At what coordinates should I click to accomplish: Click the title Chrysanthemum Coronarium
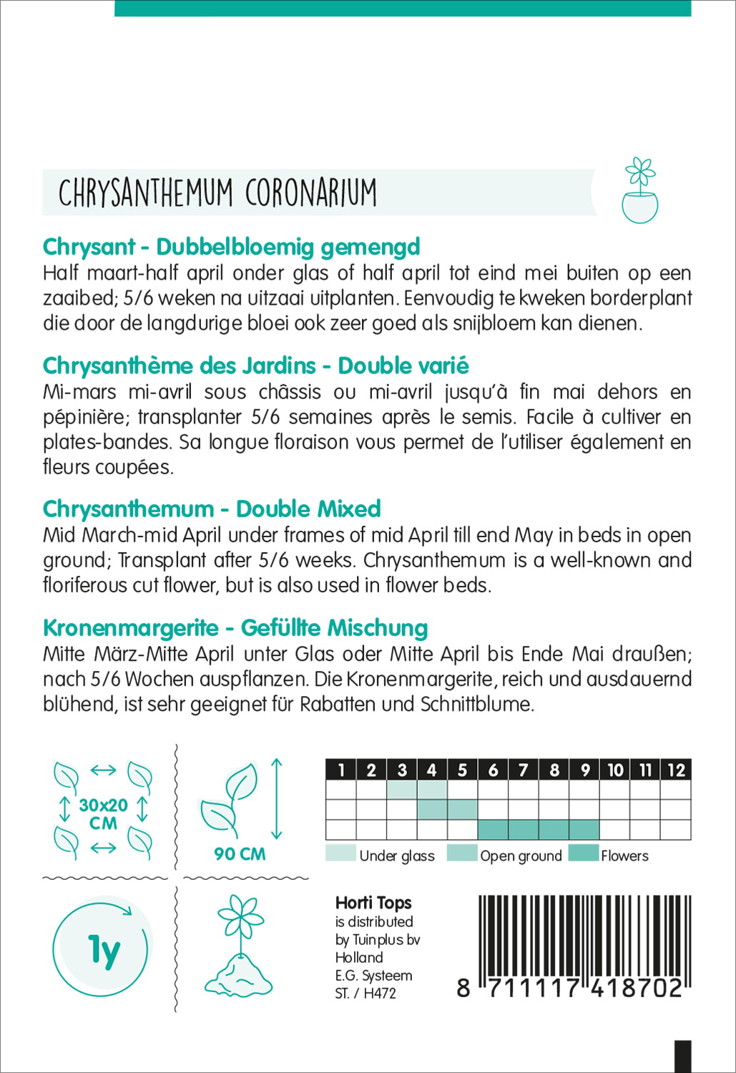[217, 192]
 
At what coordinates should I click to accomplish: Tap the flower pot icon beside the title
[639, 191]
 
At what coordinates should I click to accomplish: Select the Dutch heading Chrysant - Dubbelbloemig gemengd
[231, 247]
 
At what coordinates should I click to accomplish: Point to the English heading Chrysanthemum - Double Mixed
[212, 509]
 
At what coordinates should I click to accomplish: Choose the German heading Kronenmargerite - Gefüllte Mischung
[235, 627]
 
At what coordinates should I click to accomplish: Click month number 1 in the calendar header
[341, 770]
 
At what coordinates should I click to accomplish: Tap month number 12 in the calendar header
[676, 770]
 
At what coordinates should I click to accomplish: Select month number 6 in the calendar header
[493, 770]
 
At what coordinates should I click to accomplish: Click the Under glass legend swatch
[340, 853]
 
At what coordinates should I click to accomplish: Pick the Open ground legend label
[521, 856]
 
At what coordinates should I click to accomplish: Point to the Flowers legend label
[624, 856]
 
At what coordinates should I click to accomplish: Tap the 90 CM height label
[240, 853]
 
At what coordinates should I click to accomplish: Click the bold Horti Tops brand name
[373, 903]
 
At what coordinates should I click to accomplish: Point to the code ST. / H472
[365, 993]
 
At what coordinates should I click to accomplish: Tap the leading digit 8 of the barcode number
[463, 988]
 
